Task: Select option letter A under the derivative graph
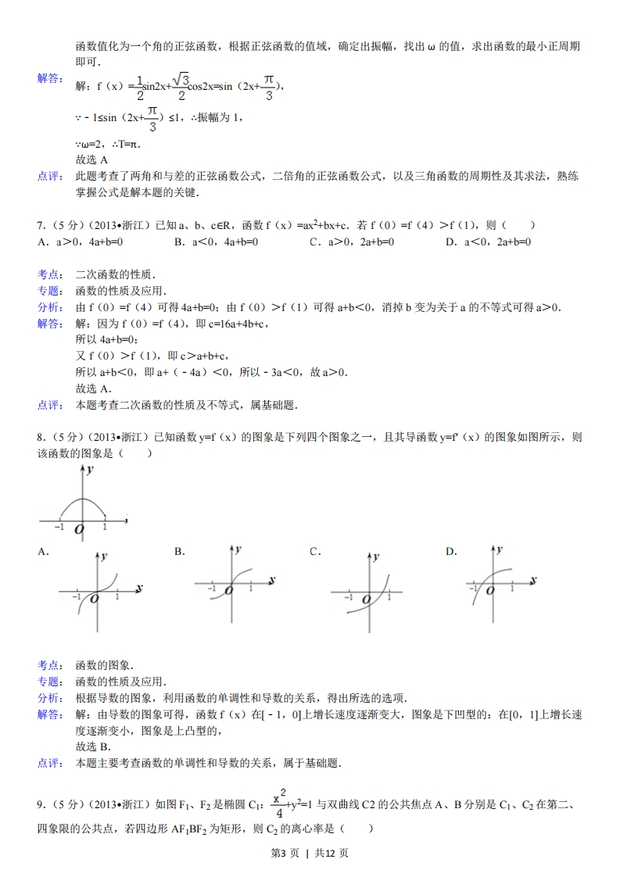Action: pyautogui.click(x=43, y=552)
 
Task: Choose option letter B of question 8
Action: pyautogui.click(x=179, y=552)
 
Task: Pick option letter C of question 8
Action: pyautogui.click(x=314, y=552)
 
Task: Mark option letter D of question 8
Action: pyautogui.click(x=450, y=552)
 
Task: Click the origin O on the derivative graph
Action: pyautogui.click(x=79, y=531)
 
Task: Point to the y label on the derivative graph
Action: pyautogui.click(x=91, y=470)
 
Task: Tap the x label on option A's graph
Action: pyautogui.click(x=138, y=586)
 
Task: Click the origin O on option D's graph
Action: pyautogui.click(x=489, y=590)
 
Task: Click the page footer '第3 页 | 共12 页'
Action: pyautogui.click(x=310, y=853)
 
